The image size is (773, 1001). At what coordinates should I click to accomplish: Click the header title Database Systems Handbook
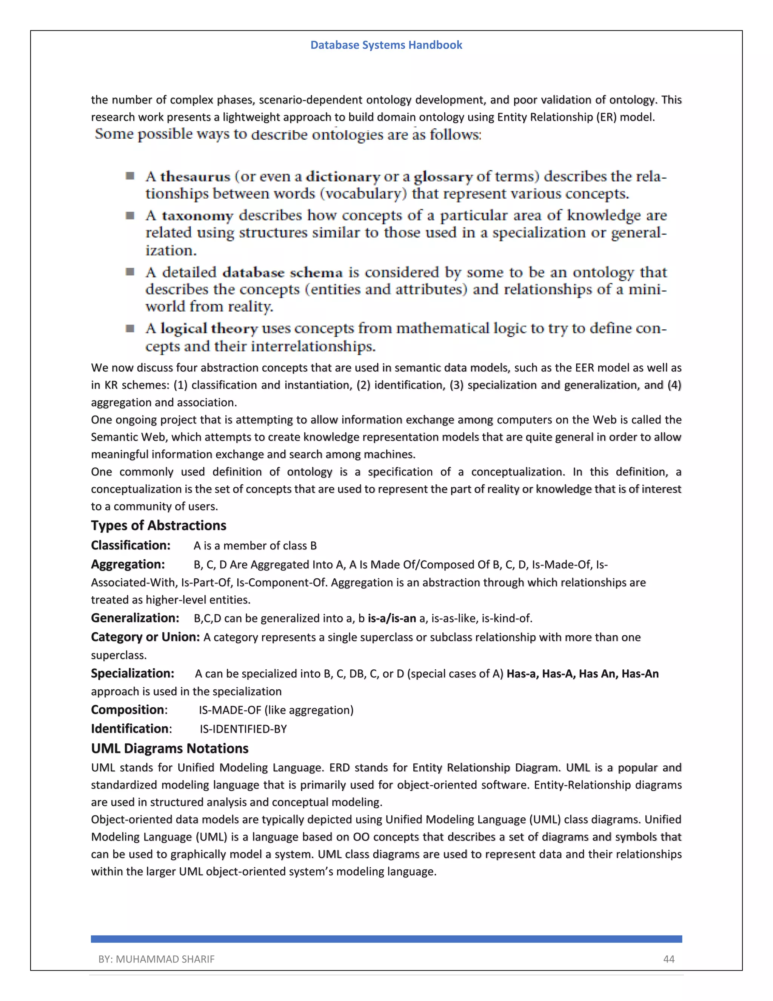[x=386, y=45]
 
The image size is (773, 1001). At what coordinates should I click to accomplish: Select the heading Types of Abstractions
[x=159, y=525]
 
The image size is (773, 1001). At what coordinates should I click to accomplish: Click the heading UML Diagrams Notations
[x=169, y=748]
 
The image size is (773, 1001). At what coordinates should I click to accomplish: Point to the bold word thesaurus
[x=195, y=176]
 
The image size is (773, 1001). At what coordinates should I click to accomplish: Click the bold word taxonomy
[x=197, y=215]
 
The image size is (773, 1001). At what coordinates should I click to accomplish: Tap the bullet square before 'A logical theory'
[x=130, y=328]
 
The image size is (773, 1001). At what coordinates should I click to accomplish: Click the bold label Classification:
[x=131, y=545]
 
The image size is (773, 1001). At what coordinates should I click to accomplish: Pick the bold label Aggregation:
[x=128, y=564]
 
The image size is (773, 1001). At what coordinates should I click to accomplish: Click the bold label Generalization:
[x=135, y=618]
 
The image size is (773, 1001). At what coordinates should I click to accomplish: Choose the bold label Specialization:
[x=132, y=673]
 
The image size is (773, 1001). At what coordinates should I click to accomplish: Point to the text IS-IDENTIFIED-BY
[x=243, y=729]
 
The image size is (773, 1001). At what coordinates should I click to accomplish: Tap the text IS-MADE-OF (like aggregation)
[x=276, y=710]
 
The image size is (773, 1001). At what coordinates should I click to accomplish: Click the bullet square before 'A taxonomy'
[x=130, y=215]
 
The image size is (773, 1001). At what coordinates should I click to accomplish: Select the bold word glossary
[x=443, y=177]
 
